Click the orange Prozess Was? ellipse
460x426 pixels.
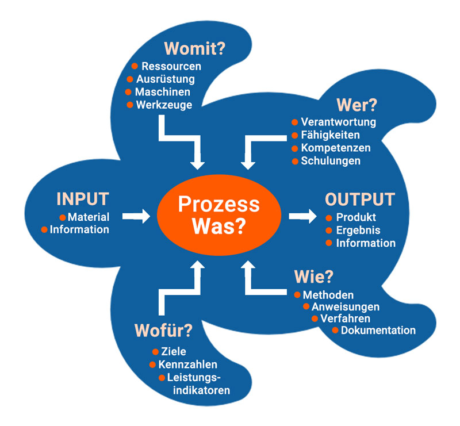pos(218,216)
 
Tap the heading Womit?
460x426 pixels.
pos(194,48)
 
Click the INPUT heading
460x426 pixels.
pos(82,199)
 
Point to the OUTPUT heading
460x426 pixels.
pos(360,199)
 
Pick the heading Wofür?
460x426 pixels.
pos(163,331)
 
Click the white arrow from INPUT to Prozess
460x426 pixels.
pos(136,216)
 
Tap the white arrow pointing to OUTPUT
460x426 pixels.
pos(302,216)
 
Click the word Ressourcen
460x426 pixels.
pos(171,66)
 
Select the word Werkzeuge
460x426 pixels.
pos(164,105)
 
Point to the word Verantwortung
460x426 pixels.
pos(339,122)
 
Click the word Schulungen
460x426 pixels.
pos(331,161)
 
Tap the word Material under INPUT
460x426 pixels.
pos(89,217)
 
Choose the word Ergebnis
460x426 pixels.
pos(358,231)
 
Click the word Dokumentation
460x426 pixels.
pos(378,331)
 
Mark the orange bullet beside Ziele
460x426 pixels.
pos(155,352)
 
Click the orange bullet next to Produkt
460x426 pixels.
pos(329,218)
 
